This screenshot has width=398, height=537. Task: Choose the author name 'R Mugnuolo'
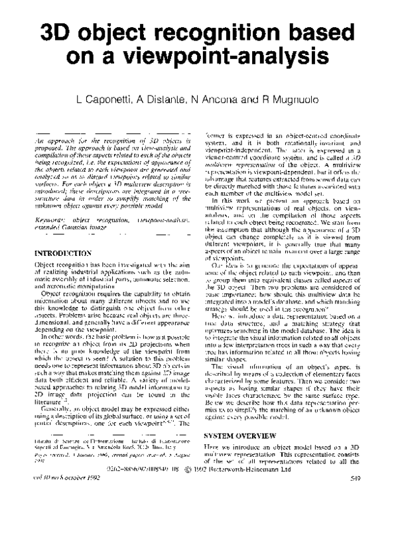click(297, 100)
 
